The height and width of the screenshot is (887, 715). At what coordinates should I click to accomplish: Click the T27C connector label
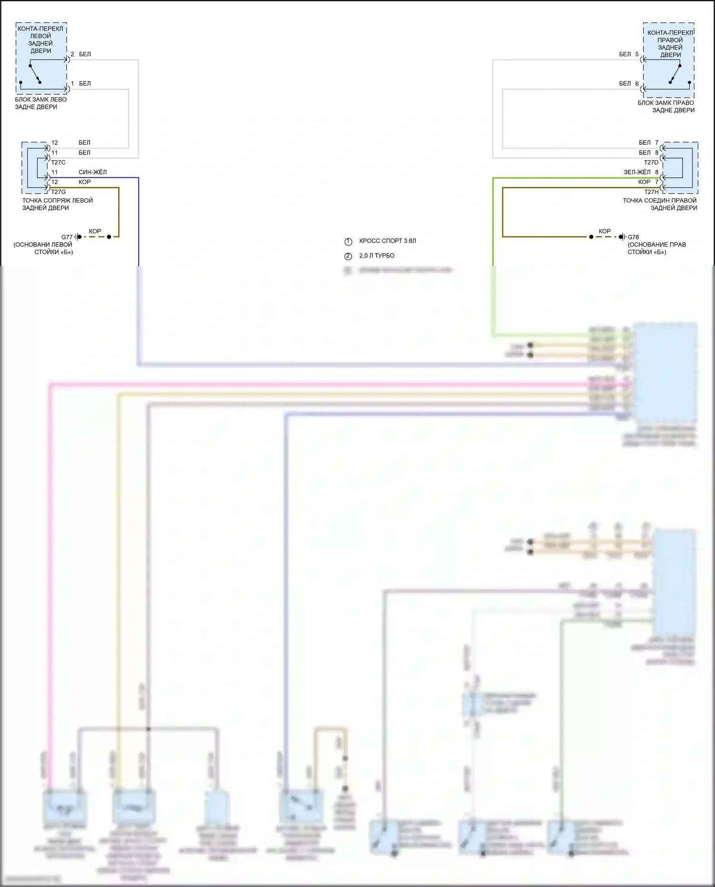[x=58, y=163]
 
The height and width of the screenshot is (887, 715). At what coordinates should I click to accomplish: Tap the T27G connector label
[x=58, y=192]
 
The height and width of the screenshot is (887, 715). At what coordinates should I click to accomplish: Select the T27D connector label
[x=651, y=163]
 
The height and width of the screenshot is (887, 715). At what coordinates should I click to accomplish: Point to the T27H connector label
[x=651, y=192]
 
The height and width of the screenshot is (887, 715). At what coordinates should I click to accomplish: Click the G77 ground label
[x=67, y=237]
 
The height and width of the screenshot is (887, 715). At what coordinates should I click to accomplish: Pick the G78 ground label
[x=633, y=237]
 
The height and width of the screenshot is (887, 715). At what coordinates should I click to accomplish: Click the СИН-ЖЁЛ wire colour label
[x=92, y=172]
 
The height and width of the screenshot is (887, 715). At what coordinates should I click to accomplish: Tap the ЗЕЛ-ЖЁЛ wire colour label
[x=637, y=172]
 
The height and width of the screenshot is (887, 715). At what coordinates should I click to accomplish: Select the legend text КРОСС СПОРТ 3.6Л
[x=388, y=241]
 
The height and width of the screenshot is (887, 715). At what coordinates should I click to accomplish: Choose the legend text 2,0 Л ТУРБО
[x=377, y=256]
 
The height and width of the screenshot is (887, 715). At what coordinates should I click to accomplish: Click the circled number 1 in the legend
[x=348, y=242]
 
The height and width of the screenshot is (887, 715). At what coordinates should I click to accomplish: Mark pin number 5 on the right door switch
[x=637, y=54]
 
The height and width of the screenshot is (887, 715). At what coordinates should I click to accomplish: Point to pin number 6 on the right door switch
[x=637, y=84]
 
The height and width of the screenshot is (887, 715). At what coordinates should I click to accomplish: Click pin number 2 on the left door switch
[x=72, y=54]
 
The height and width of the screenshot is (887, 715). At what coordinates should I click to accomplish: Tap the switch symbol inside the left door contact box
[x=35, y=73]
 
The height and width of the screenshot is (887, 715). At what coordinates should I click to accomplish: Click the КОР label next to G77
[x=95, y=231]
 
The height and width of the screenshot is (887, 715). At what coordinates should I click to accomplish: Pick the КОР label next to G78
[x=604, y=231]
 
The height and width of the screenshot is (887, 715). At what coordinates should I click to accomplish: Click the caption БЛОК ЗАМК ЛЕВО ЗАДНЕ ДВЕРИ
[x=41, y=103]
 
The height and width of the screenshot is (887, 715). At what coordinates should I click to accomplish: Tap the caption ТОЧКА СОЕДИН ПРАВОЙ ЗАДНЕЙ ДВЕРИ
[x=660, y=204]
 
